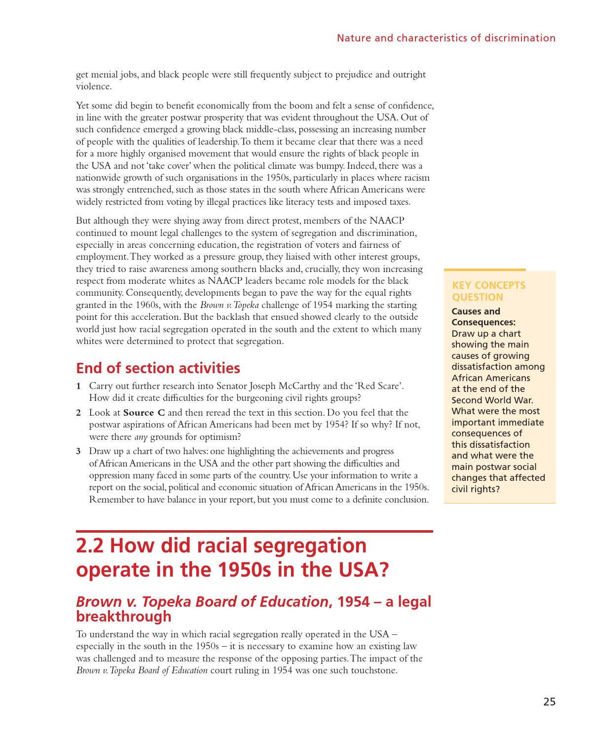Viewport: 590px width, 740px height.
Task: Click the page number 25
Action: (549, 701)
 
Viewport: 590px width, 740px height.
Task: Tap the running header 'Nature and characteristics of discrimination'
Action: (446, 38)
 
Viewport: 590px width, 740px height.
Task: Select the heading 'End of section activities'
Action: (158, 368)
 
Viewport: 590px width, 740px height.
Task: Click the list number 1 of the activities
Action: (78, 386)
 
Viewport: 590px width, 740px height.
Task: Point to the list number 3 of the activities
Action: (78, 451)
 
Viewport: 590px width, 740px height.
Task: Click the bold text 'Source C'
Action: (144, 413)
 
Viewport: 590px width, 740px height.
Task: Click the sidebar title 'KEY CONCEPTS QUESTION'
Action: (488, 291)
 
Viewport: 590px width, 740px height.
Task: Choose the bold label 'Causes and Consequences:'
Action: (483, 317)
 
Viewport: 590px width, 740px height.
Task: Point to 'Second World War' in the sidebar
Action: (492, 400)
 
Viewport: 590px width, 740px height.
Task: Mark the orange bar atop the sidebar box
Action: (484, 270)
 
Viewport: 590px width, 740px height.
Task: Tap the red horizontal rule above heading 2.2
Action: (254, 531)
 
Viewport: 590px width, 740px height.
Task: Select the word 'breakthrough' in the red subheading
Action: (124, 617)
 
